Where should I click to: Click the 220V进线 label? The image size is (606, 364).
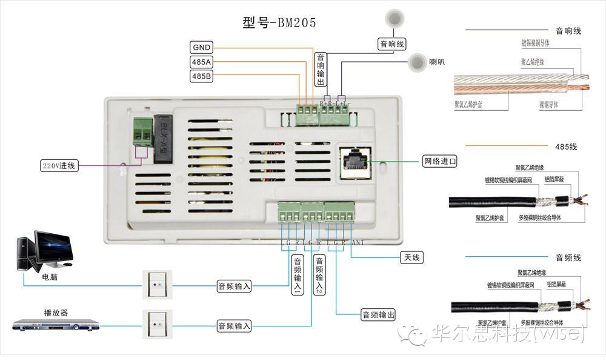[59, 165]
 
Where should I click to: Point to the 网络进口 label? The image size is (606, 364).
[439, 162]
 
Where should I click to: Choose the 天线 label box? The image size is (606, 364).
[411, 258]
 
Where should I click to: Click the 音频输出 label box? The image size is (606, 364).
[378, 314]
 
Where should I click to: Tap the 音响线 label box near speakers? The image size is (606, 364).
[392, 44]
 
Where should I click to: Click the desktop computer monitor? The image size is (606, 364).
[54, 247]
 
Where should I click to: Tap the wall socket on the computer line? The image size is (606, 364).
[157, 285]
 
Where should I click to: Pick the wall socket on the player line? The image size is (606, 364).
[157, 325]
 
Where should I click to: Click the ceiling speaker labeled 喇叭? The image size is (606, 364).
[417, 62]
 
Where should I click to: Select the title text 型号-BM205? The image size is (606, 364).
[279, 23]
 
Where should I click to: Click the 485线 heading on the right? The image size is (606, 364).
[566, 147]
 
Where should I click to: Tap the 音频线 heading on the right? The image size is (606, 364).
[568, 257]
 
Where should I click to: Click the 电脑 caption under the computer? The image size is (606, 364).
[50, 277]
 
